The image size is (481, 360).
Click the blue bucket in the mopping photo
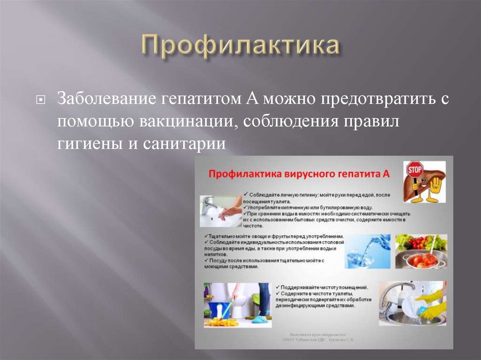(x=217, y=309)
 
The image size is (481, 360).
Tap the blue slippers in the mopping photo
(x=260, y=319)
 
